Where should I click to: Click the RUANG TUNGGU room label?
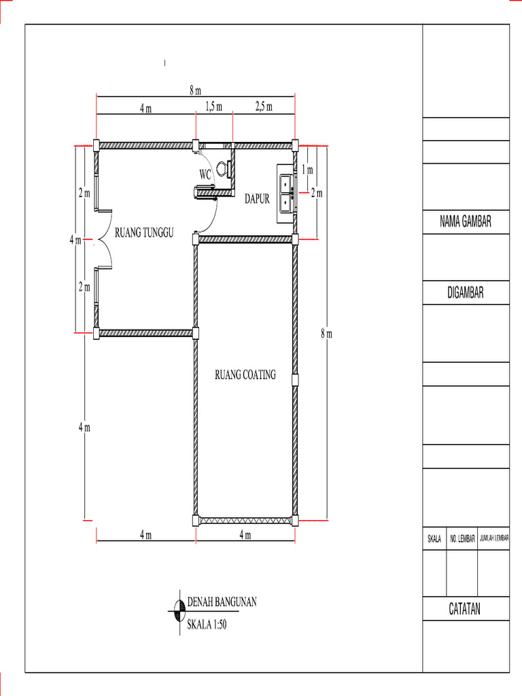coord(144,232)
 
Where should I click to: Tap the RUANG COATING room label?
coord(245,375)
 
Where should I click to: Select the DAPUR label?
coord(257,199)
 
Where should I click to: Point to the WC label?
coord(205,175)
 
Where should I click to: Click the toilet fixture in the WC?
coord(224,169)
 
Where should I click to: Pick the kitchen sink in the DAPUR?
coord(286,194)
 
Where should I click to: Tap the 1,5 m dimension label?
coord(214,107)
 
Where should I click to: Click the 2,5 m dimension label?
coord(264,107)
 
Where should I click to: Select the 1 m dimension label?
coord(308,169)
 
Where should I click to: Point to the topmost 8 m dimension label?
coord(195,91)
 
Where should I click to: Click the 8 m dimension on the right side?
coord(327,334)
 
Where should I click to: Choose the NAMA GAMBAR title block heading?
coord(466,222)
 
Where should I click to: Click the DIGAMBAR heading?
coord(466,292)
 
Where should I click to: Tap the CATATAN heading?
coord(465,608)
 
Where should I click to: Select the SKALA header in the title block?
coord(434,539)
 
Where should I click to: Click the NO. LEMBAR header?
coord(462,539)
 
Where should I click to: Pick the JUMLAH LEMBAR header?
coord(494,538)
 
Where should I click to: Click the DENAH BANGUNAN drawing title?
coord(222,602)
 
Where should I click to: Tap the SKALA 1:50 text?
coord(207,625)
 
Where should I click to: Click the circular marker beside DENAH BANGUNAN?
coord(179,612)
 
